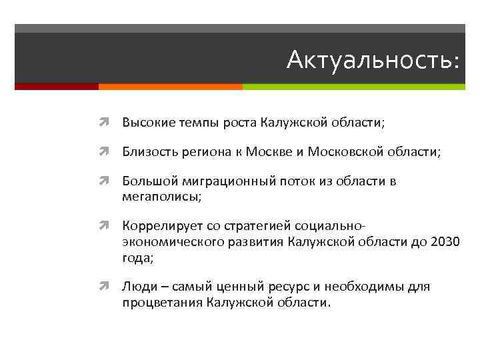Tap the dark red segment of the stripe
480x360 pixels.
(56, 87)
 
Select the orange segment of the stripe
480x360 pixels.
(170, 87)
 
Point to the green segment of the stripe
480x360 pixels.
(353, 87)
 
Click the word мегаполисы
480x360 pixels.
(159, 197)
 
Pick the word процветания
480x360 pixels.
(161, 303)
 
